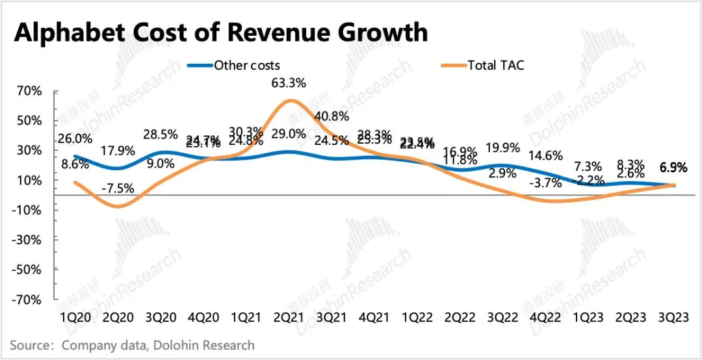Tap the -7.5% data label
[118, 188]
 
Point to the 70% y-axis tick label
[30, 90]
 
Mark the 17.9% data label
[118, 151]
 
